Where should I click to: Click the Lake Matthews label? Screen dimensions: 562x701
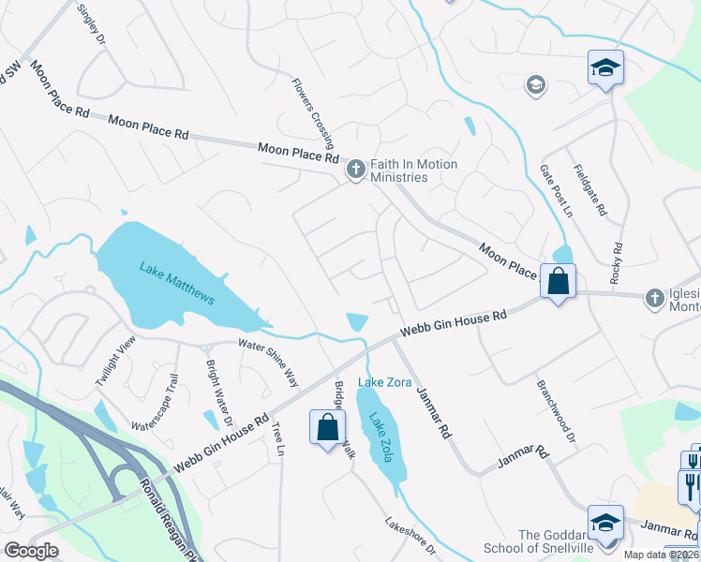[177, 284]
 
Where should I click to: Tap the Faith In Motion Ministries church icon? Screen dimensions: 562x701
[355, 170]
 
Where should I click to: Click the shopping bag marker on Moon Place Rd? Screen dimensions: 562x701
[558, 281]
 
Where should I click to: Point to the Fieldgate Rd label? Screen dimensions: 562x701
[593, 185]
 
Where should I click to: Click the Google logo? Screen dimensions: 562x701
[31, 551]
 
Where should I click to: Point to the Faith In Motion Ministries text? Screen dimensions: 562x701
[413, 170]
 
